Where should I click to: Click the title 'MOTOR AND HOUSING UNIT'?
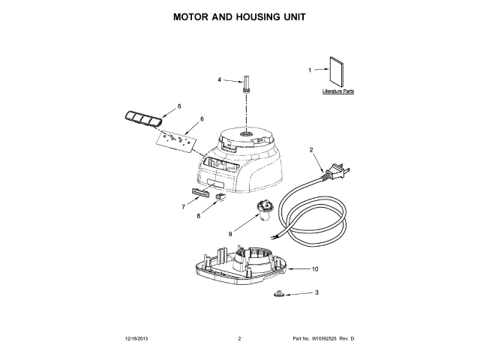[x=240, y=16]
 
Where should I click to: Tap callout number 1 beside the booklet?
[x=310, y=70]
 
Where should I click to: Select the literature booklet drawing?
[x=336, y=73]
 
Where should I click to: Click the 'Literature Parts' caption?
[x=337, y=91]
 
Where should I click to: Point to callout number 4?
[x=220, y=79]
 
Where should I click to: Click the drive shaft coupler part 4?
[x=245, y=82]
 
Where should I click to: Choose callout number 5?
[x=179, y=106]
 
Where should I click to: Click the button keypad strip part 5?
[x=142, y=118]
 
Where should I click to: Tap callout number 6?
[x=201, y=118]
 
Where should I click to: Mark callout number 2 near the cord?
[x=311, y=150]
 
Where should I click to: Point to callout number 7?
[x=183, y=206]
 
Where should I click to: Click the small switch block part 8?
[x=220, y=198]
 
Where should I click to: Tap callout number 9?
[x=230, y=233]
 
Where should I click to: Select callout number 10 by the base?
[x=315, y=268]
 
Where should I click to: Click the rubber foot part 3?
[x=277, y=294]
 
